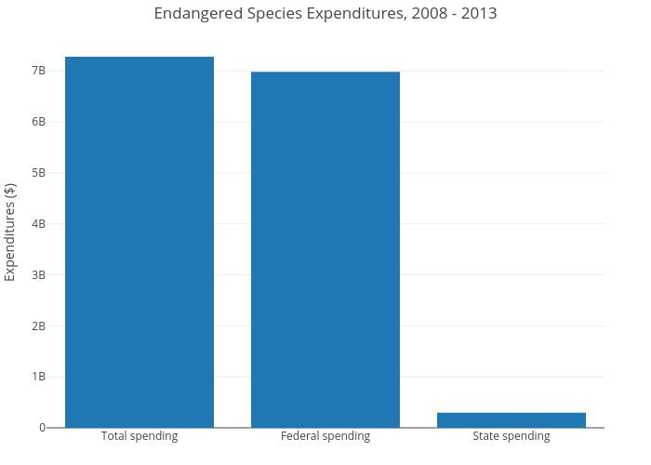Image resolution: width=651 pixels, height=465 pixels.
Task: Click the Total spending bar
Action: point(139,242)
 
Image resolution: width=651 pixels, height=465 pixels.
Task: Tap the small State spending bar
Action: point(511,419)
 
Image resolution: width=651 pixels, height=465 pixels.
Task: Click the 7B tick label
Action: point(38,71)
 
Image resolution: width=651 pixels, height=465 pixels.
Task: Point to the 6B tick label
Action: point(38,122)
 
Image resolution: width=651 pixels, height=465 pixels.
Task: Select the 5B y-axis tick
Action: point(38,173)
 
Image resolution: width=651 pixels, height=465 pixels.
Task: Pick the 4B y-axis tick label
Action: point(38,224)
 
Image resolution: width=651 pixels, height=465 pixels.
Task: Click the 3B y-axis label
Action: point(38,275)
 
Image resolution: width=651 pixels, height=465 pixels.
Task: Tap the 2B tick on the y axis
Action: point(38,326)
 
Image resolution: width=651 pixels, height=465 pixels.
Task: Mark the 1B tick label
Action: point(38,377)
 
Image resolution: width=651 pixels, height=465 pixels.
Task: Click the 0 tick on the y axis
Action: point(42,428)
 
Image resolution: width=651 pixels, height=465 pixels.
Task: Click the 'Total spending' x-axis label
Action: point(139,436)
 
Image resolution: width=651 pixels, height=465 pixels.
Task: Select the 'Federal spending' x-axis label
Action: point(325,436)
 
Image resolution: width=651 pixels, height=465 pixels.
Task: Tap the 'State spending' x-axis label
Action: point(511,436)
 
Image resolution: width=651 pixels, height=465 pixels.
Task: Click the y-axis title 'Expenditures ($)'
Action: point(11,232)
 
